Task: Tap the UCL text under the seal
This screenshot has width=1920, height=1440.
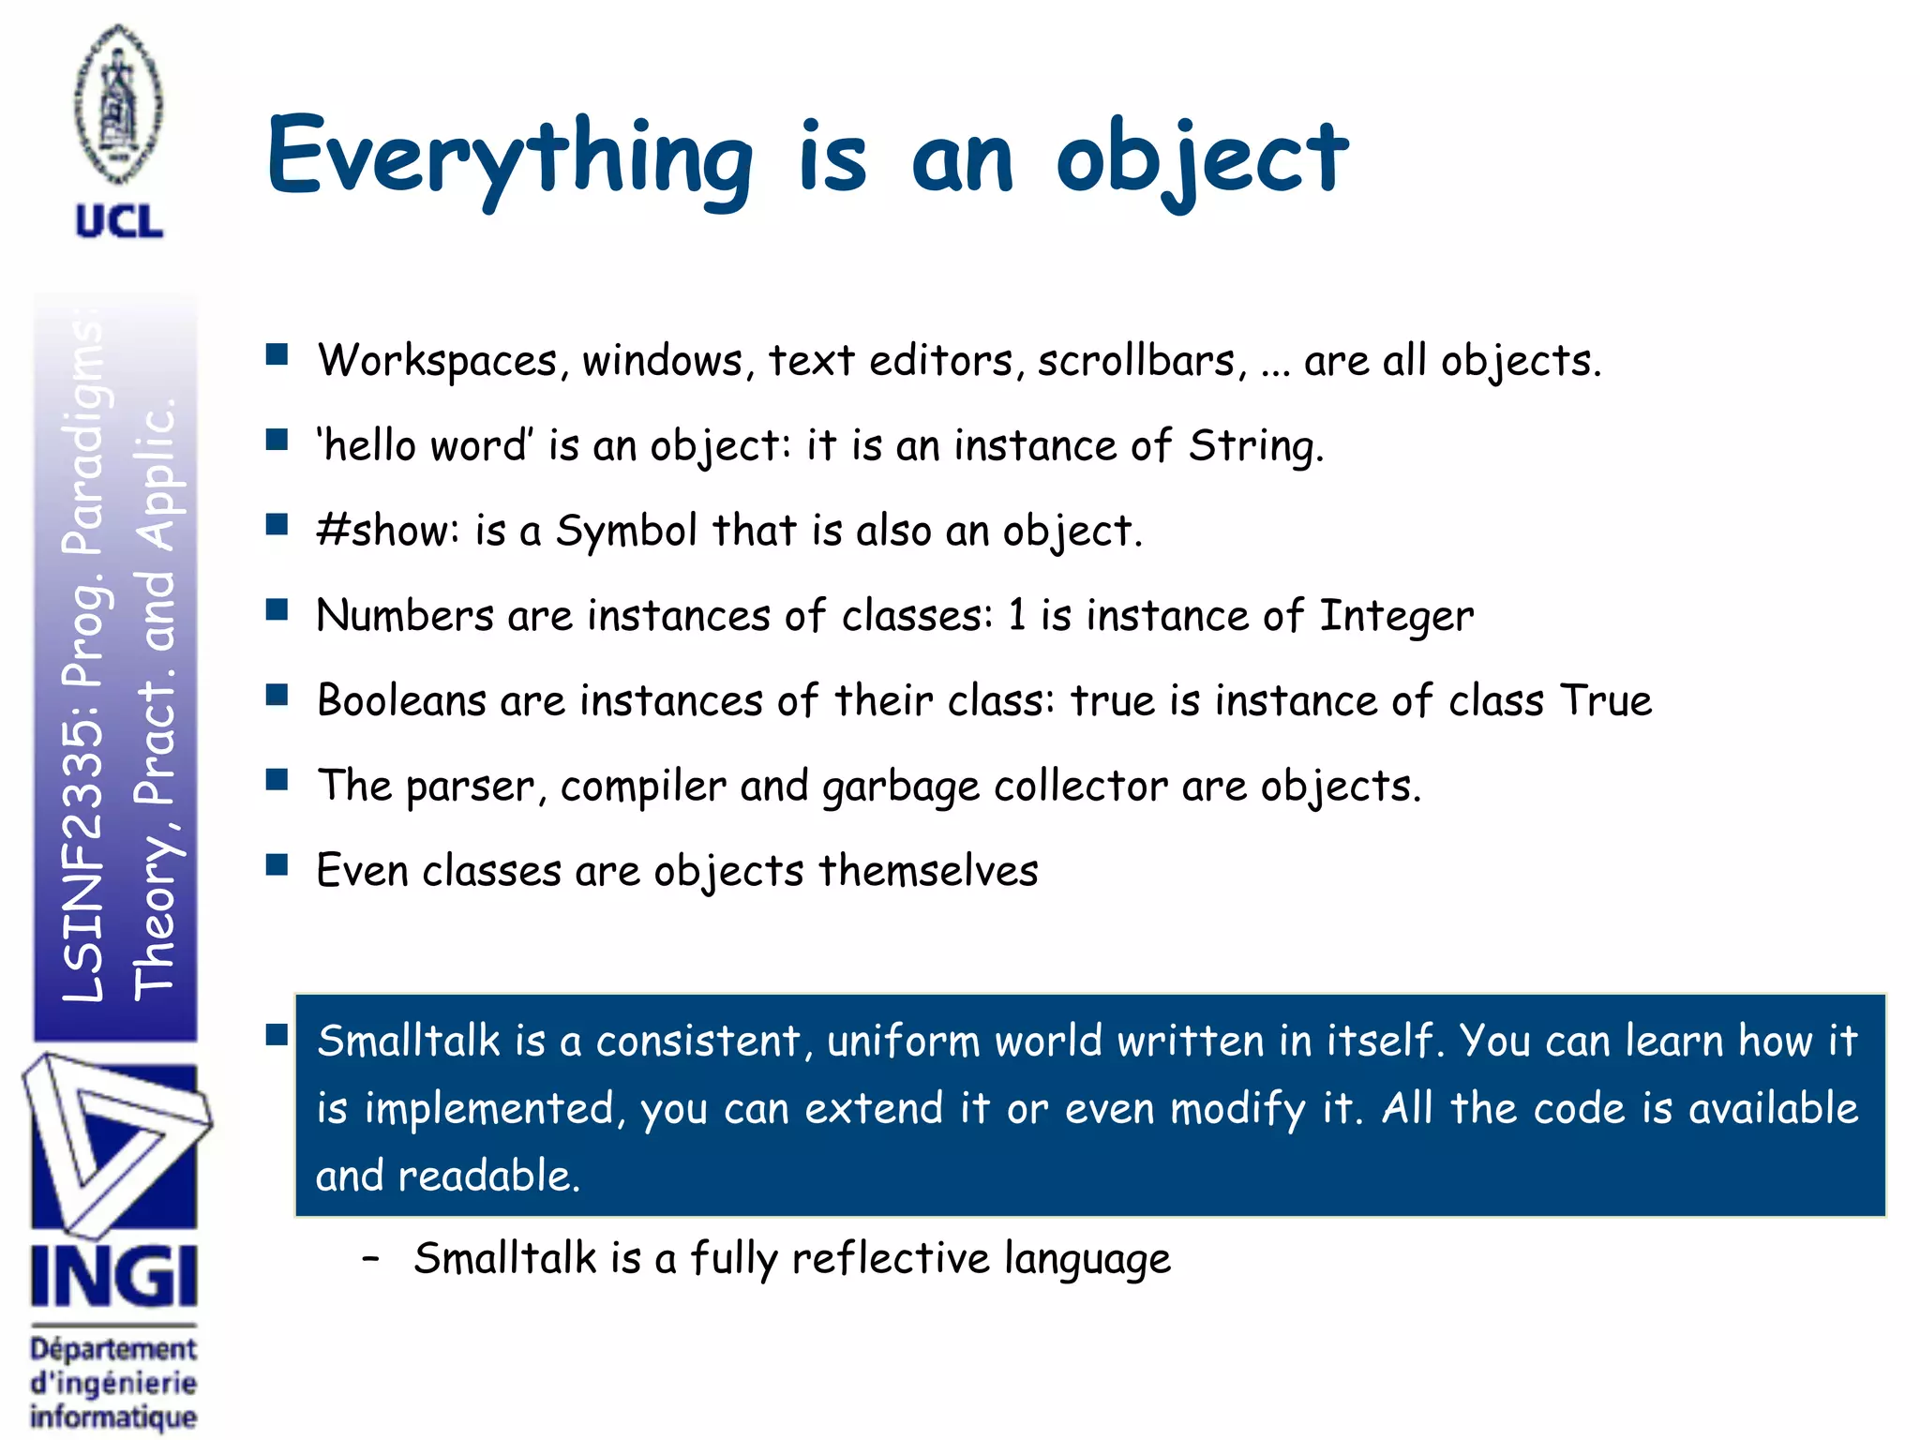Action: point(119,222)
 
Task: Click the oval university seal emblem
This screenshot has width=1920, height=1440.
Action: point(119,103)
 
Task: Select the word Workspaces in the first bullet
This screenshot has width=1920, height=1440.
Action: point(438,361)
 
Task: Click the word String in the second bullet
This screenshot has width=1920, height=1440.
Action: point(1254,446)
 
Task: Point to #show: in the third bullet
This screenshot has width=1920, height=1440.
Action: point(387,530)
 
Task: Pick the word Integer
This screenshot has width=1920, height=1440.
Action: point(1396,616)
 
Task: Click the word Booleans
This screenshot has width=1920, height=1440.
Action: point(401,700)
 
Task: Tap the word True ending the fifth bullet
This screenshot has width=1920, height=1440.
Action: point(1605,700)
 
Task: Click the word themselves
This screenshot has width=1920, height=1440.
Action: point(928,871)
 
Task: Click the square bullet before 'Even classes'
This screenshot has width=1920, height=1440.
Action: point(277,864)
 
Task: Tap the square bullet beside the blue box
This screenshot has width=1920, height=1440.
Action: point(277,1034)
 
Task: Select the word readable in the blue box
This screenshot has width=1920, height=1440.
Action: point(488,1176)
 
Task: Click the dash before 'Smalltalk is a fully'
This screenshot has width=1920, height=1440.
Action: point(371,1258)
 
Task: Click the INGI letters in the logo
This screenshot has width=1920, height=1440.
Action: point(113,1276)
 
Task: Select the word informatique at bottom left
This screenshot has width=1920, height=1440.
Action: point(113,1417)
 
